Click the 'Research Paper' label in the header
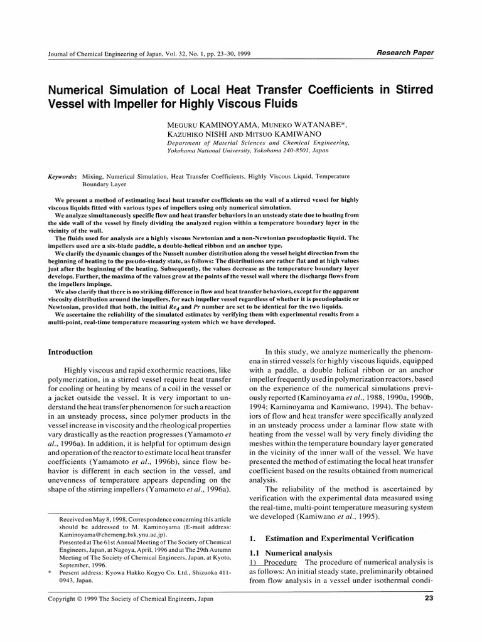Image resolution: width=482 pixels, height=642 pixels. [404, 53]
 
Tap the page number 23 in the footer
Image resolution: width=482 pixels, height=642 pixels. [427, 599]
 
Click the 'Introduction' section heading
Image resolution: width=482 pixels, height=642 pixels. [70, 352]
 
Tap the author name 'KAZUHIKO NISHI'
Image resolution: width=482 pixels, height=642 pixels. [186, 135]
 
